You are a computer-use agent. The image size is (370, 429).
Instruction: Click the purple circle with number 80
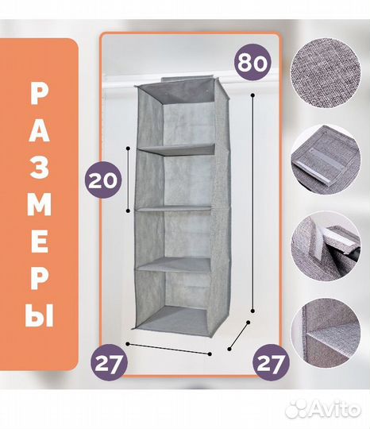(252, 63)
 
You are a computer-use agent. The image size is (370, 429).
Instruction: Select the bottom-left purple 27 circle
(109, 362)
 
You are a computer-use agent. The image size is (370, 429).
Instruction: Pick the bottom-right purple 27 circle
(270, 363)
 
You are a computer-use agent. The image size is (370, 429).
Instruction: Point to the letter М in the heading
(39, 205)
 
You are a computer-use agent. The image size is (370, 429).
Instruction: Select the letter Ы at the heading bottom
(39, 316)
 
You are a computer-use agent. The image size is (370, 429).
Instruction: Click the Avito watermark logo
(322, 409)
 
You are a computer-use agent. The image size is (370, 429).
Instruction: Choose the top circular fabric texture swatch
(326, 73)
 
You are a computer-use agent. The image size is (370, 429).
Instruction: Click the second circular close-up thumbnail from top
(326, 160)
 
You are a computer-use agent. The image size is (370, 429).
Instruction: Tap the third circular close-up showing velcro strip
(326, 246)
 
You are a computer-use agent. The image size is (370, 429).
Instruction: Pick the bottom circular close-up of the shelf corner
(326, 332)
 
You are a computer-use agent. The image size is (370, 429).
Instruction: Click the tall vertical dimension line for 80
(253, 203)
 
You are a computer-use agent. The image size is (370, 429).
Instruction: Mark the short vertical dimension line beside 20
(128, 180)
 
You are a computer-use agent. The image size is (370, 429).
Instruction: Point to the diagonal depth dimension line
(239, 335)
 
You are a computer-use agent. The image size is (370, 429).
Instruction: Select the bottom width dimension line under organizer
(168, 349)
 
